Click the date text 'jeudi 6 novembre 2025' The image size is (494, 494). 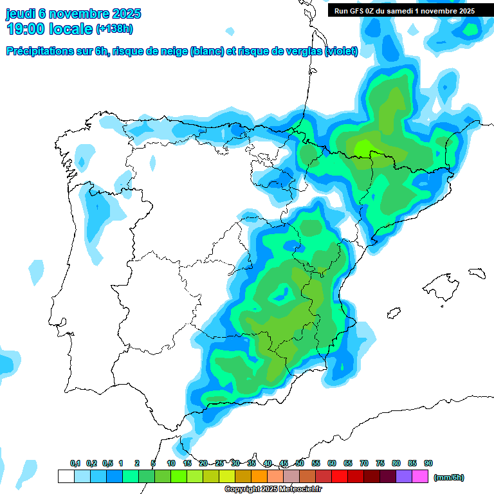[x=74, y=14]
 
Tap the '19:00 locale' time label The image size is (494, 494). [x=50, y=28]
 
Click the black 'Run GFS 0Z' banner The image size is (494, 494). [x=405, y=10]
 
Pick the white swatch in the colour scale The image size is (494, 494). [x=66, y=477]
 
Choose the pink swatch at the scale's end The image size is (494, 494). [x=420, y=477]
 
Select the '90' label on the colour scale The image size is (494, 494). [x=428, y=463]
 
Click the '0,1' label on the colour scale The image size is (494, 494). [x=75, y=463]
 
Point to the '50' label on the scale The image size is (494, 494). [x=300, y=463]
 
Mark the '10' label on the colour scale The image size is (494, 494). [x=171, y=463]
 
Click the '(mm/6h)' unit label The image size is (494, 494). [x=449, y=477]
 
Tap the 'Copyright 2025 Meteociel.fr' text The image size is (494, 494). [x=273, y=489]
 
